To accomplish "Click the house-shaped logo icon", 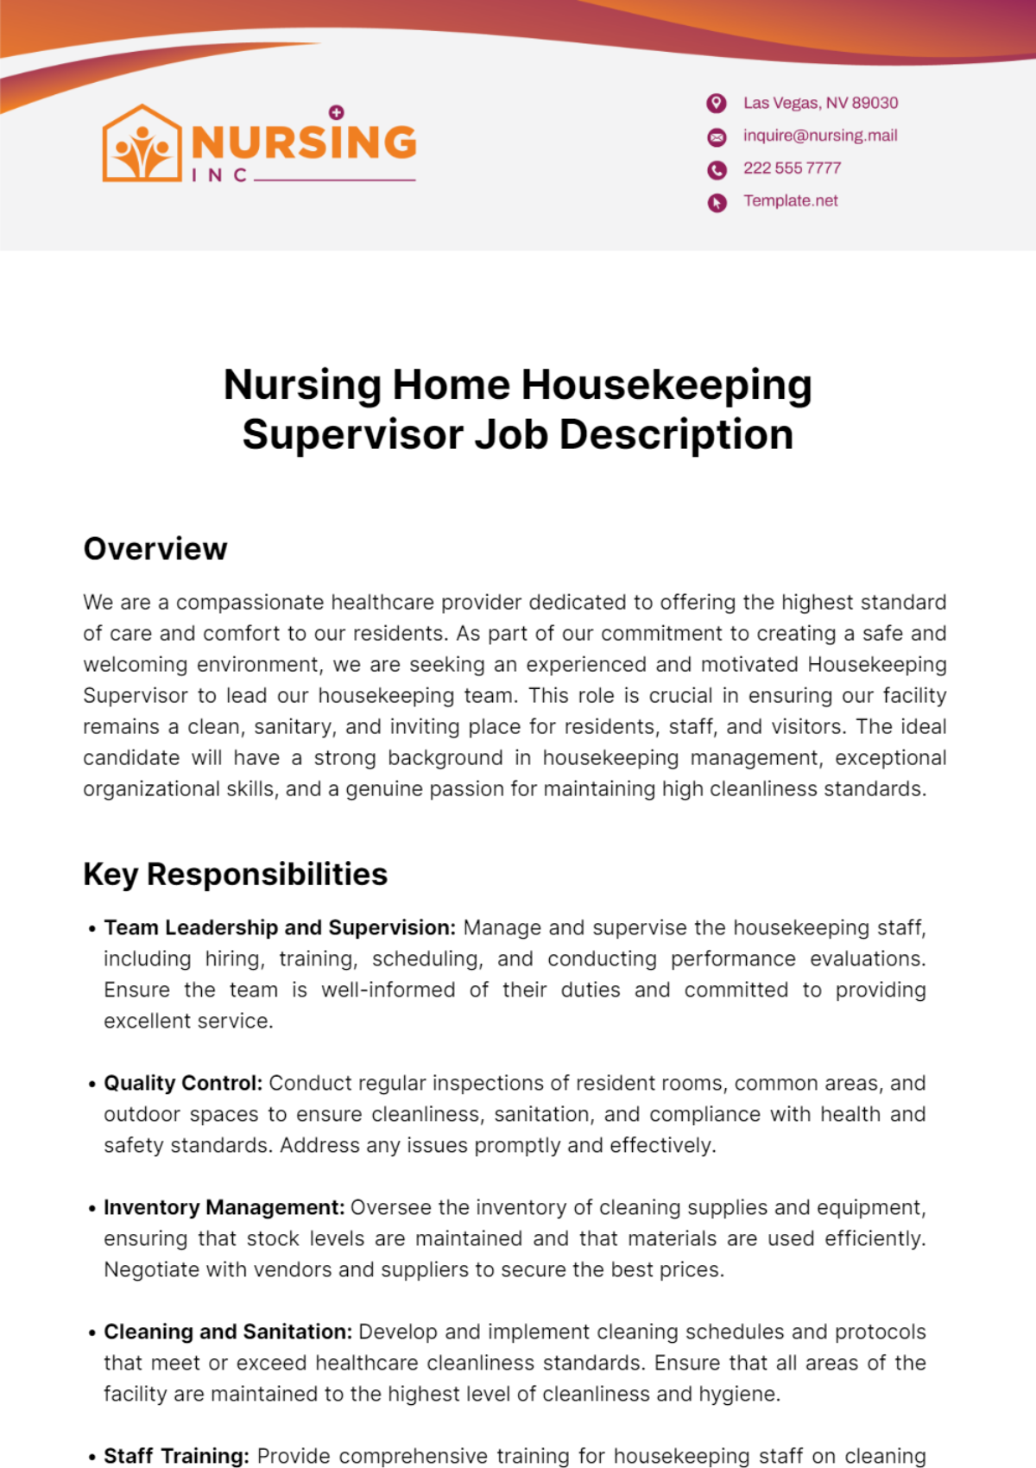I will pyautogui.click(x=142, y=144).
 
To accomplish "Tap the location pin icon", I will pyautogui.click(x=717, y=104).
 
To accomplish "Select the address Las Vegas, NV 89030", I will pyautogui.click(x=820, y=103).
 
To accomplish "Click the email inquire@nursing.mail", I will pyautogui.click(x=820, y=136).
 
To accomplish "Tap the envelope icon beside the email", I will pyautogui.click(x=717, y=136).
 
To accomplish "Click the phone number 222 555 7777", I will pyautogui.click(x=792, y=168).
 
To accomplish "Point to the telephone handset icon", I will pyautogui.click(x=717, y=170).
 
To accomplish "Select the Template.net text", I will pyautogui.click(x=791, y=201).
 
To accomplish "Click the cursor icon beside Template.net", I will pyautogui.click(x=717, y=203).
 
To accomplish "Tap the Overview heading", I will pyautogui.click(x=155, y=549).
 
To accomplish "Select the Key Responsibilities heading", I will pyautogui.click(x=235, y=875).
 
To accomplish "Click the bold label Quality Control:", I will pyautogui.click(x=183, y=1084).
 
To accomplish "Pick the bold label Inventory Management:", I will pyautogui.click(x=224, y=1208).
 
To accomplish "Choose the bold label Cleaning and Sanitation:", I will pyautogui.click(x=228, y=1332).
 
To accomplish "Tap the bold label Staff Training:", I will pyautogui.click(x=176, y=1456).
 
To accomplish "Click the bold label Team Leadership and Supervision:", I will pyautogui.click(x=280, y=928).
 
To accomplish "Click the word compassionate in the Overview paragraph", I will pyautogui.click(x=250, y=603).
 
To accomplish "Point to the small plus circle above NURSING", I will pyautogui.click(x=337, y=112).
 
